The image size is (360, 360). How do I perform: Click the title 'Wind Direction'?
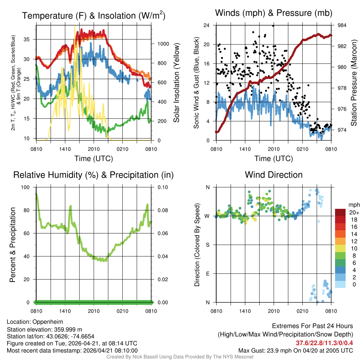pyautogui.click(x=274, y=175)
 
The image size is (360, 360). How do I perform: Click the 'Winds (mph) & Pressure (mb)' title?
pyautogui.click(x=274, y=13)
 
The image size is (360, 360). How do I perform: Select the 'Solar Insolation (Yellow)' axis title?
pyautogui.click(x=176, y=83)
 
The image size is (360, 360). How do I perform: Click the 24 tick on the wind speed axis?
pyautogui.click(x=207, y=25)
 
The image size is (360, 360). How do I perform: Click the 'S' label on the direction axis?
pyautogui.click(x=207, y=245)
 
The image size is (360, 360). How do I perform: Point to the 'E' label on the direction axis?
pyautogui.click(x=207, y=274)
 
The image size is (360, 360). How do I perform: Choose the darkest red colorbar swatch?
pyautogui.click(x=340, y=212)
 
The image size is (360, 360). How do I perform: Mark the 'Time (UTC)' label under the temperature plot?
pyautogui.click(x=94, y=159)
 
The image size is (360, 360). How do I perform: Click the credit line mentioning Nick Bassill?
pyautogui.click(x=180, y=357)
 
